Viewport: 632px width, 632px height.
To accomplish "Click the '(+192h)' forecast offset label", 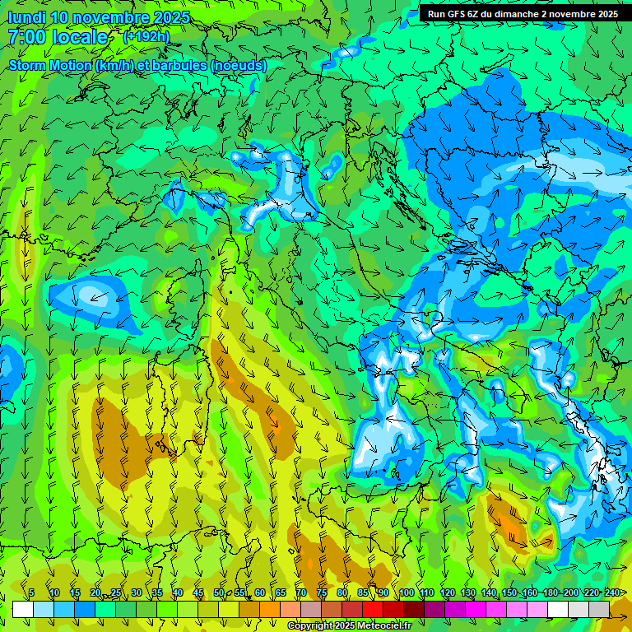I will (146, 36).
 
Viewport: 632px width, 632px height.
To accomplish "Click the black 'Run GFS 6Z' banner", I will (523, 13).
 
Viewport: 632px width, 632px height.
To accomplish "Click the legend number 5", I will (31, 592).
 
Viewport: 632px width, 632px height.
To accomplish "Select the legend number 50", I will (219, 592).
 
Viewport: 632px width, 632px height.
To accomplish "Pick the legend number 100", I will (407, 592).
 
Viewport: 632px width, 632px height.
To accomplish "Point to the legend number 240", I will (612, 592).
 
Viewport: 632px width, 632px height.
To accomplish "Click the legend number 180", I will (551, 592).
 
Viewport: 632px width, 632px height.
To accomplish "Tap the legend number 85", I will (363, 592).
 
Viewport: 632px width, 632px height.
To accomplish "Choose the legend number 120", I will (448, 592).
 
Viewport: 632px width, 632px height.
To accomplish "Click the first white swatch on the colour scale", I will (23, 609).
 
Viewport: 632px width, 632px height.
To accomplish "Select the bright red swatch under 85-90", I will (373, 609).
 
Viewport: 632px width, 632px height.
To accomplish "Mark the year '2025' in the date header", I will (171, 17).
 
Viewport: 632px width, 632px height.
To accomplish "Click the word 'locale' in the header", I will (80, 37).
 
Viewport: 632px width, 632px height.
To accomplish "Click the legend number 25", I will (116, 592).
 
